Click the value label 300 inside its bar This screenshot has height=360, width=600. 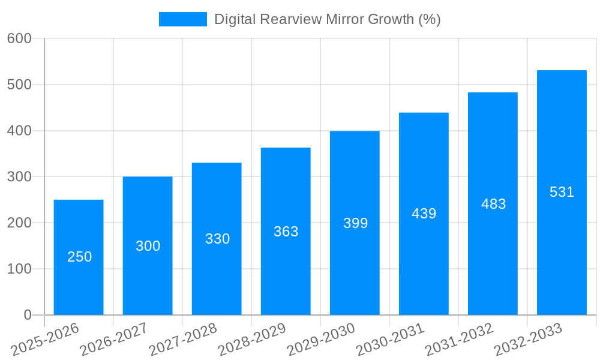[x=148, y=246]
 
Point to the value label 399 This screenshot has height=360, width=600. [x=355, y=223]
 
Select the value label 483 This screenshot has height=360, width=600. [x=493, y=204]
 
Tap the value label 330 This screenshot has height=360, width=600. [x=217, y=239]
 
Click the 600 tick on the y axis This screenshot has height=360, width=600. [x=19, y=38]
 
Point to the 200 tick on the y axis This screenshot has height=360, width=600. [x=19, y=223]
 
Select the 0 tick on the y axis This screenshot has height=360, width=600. [x=28, y=315]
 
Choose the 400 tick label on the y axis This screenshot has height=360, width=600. [x=19, y=131]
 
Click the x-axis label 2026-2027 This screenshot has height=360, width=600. [x=114, y=340]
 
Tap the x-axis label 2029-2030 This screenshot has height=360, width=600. [x=321, y=340]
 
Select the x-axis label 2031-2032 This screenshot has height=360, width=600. [x=459, y=340]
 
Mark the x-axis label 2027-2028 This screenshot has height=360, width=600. [x=183, y=340]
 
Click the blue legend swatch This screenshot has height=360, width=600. [x=182, y=19]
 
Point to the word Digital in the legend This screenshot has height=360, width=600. [x=235, y=19]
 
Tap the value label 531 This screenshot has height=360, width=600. [x=562, y=192]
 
